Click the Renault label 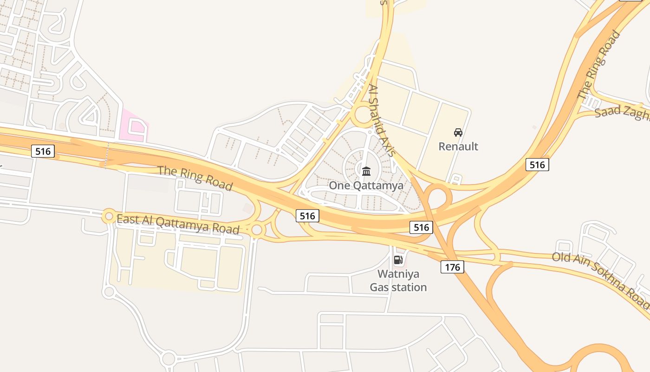click(458, 146)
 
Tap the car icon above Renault click(458, 133)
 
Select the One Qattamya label click(366, 185)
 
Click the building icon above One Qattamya click(366, 171)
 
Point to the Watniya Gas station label click(398, 280)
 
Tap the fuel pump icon click(398, 260)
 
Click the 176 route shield click(452, 266)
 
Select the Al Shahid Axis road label click(382, 120)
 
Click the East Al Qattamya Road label click(178, 224)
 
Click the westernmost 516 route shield click(43, 151)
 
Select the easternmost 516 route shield click(537, 164)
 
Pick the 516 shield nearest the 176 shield click(421, 227)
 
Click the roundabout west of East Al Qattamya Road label click(109, 216)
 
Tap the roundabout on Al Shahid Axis click(362, 115)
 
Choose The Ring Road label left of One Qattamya click(195, 178)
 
